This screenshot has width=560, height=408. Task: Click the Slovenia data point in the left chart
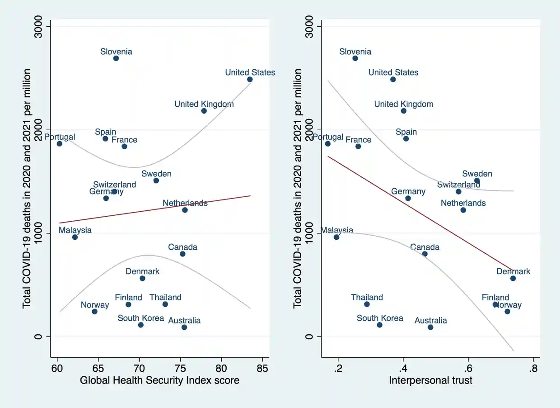pos(116,58)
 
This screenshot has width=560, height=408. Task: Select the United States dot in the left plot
pos(250,79)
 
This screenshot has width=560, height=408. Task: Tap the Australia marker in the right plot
pos(430,327)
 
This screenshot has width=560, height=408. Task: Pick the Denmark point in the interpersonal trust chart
pos(513,278)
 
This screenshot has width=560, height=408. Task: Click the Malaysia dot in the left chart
pos(75,237)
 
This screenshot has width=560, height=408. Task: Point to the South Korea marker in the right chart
pos(379,325)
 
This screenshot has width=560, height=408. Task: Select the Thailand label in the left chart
pos(165,297)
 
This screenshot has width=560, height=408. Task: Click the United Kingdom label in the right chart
pos(404,104)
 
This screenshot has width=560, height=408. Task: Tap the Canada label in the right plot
pos(425,247)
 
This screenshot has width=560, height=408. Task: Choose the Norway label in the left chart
pos(95,305)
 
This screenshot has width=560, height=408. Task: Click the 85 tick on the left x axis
pos(262,366)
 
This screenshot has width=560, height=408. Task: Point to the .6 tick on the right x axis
pos(468,366)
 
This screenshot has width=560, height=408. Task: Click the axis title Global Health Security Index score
pos(160,380)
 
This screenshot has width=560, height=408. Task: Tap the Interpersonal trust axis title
pos(431,380)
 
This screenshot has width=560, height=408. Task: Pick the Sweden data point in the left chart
pos(156,180)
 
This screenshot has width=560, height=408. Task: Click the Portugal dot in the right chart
pos(328,143)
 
